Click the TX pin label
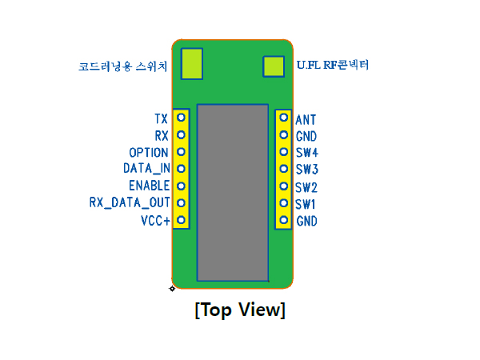162,118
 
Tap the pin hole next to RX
182,134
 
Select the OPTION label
149,153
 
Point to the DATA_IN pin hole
182,169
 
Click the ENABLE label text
149,186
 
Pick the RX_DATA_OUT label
130,202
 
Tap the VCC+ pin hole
182,220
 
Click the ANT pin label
306,120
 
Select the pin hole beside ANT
284,118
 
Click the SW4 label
306,153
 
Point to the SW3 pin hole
284,169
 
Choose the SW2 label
306,187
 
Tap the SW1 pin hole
284,203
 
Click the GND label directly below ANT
306,136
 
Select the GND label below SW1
306,221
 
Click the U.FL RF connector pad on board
274,66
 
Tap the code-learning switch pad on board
192,64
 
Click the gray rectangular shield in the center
233,193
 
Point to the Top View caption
240,310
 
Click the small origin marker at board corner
172,288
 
